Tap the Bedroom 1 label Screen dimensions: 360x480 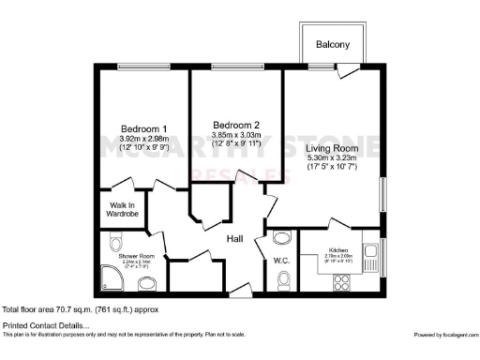pyautogui.click(x=144, y=129)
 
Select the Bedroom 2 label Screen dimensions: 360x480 pyautogui.click(x=235, y=126)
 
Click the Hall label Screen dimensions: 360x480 pyautogui.click(x=235, y=238)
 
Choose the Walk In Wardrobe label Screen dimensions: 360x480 pyautogui.click(x=123, y=210)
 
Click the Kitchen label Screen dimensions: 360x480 pyautogui.click(x=339, y=250)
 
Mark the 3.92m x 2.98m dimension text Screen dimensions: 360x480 pyautogui.click(x=144, y=141)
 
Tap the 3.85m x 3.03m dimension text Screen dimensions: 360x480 pyautogui.click(x=235, y=137)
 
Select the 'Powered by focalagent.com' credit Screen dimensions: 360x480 pyautogui.click(x=444, y=335)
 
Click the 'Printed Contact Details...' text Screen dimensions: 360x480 pyautogui.click(x=45, y=324)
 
